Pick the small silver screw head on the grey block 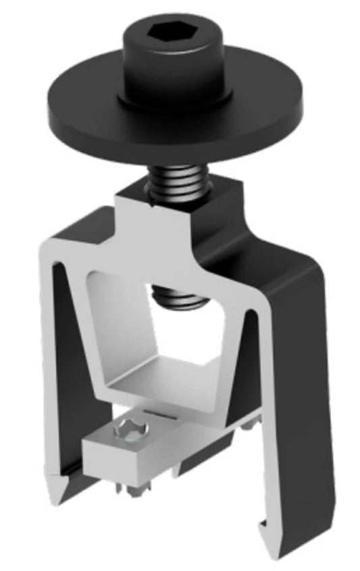point(128,430)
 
